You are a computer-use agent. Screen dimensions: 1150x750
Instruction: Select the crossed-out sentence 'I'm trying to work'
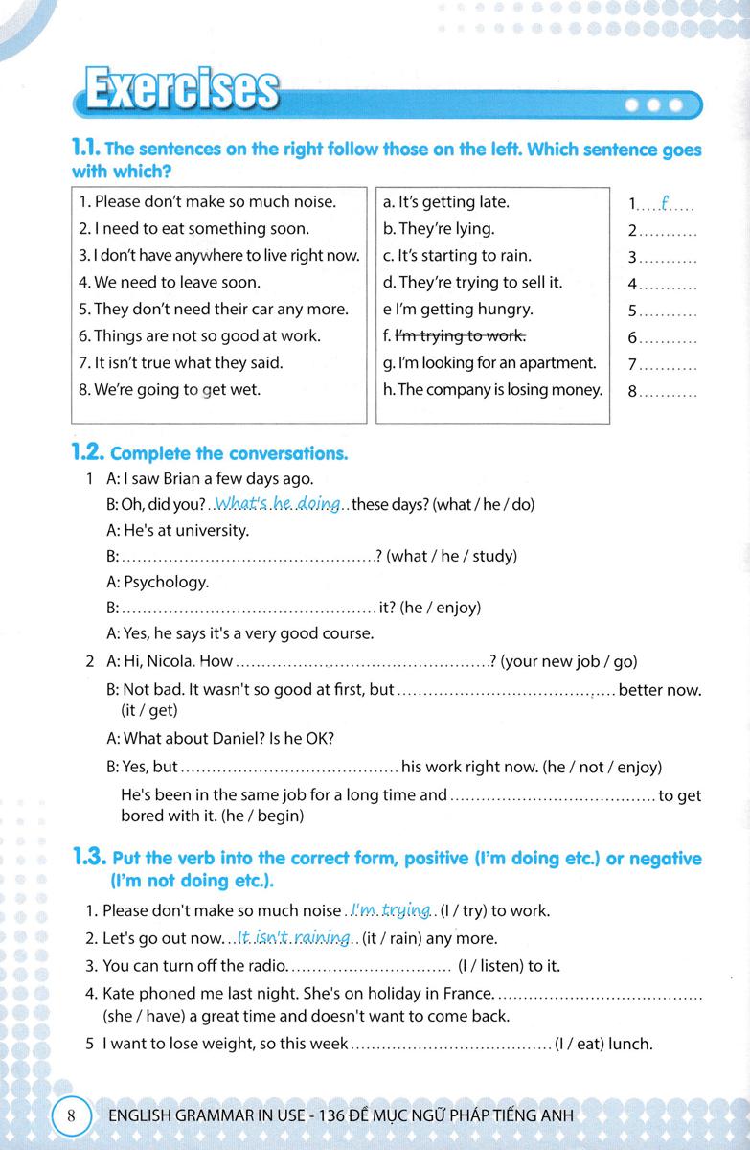pyautogui.click(x=462, y=335)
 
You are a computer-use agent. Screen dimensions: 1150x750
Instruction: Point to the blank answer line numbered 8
pyautogui.click(x=668, y=391)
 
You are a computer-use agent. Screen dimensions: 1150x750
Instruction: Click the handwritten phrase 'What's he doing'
pyautogui.click(x=279, y=504)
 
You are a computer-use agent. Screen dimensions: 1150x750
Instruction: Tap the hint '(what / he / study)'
pyautogui.click(x=451, y=556)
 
